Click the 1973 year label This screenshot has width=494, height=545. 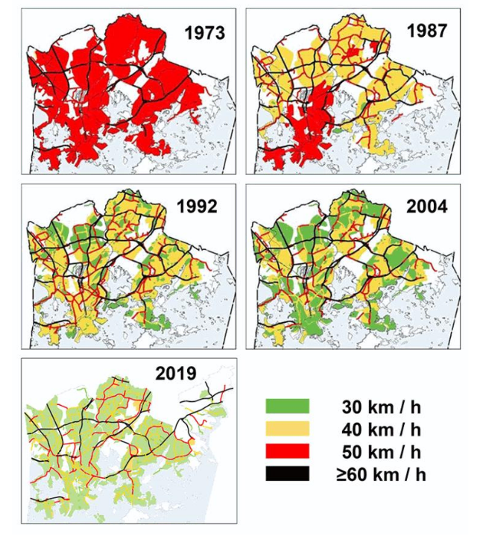point(204,33)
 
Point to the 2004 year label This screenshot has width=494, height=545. point(427,207)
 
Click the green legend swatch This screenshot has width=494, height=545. point(287,406)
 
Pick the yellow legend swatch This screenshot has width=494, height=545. point(287,428)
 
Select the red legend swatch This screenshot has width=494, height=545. point(287,451)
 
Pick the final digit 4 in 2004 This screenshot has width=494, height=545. point(442,207)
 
